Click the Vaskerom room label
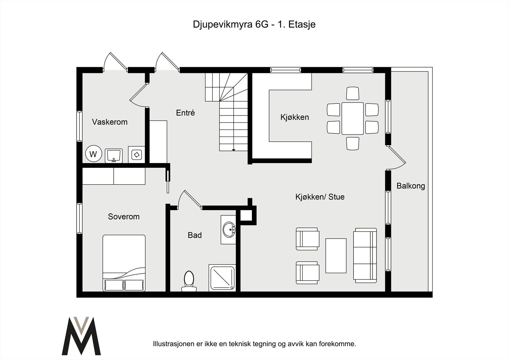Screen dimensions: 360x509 (109, 122)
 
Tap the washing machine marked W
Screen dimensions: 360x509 (93, 154)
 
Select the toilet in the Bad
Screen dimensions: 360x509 (189, 281)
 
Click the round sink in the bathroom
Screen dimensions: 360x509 (229, 229)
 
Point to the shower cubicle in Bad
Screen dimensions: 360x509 (222, 278)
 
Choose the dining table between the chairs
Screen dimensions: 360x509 (352, 118)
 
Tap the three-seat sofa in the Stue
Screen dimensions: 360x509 (365, 255)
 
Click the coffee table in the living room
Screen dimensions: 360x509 (336, 256)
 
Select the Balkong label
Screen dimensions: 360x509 (410, 186)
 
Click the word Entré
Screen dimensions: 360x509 (185, 113)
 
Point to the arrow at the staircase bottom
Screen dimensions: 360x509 (234, 149)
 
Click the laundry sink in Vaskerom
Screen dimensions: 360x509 (114, 155)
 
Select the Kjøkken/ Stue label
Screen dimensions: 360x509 (320, 197)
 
